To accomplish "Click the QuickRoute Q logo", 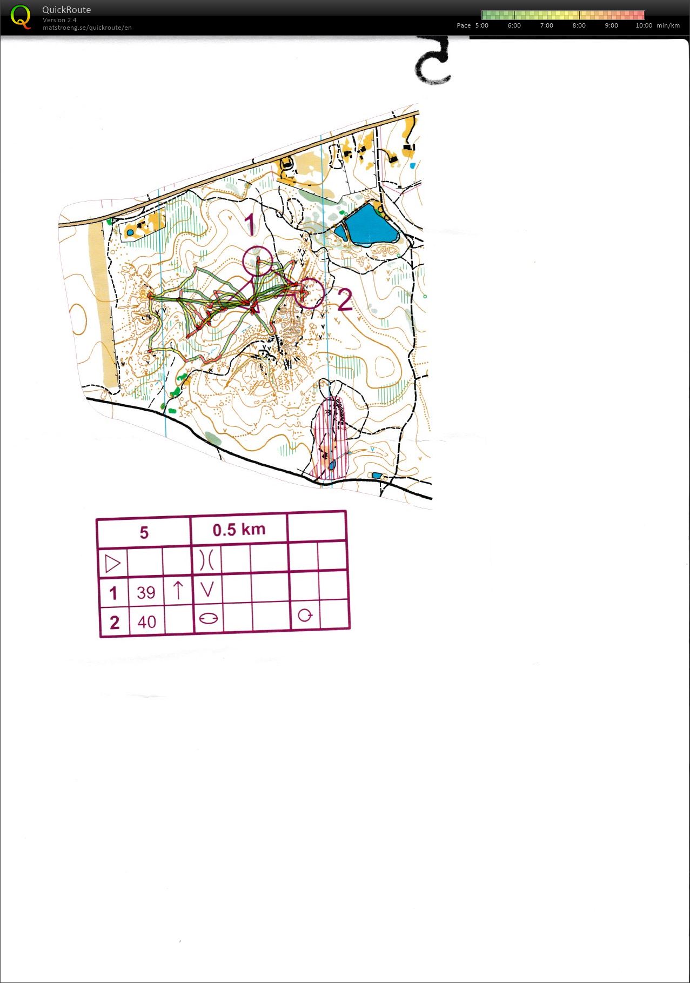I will coord(21,17).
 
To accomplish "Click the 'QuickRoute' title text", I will coord(66,10).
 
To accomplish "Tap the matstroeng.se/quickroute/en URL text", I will coord(87,28).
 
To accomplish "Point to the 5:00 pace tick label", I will coord(481,25).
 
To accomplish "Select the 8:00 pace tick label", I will coord(579,25).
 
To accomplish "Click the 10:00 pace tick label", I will coord(644,25).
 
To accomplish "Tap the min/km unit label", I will coord(668,25).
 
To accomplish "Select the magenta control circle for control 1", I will coord(258,261).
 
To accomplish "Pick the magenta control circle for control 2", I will coord(310,293).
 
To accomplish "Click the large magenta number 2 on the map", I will coord(345,300).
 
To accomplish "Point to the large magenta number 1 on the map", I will coord(250,224).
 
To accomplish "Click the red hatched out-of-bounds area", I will coord(330,438).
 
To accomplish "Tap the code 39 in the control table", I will coord(146,593).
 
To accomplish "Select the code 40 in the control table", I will coord(146,622).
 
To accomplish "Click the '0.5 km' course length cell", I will coord(239,530).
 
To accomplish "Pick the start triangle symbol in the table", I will coord(112,564).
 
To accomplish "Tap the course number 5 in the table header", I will coord(144,533).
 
